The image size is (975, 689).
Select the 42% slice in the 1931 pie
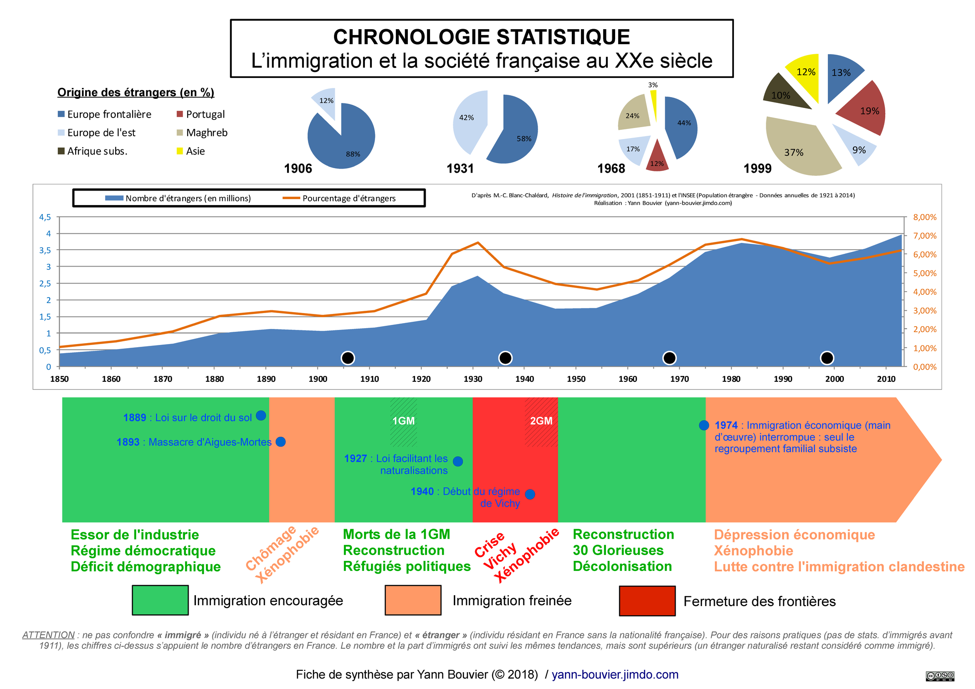(469, 121)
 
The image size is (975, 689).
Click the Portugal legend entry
(200, 114)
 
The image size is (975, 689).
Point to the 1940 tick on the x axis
(524, 379)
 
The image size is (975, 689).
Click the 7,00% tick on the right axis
(924, 236)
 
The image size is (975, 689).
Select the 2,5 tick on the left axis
(45, 283)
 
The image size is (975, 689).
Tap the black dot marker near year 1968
(669, 358)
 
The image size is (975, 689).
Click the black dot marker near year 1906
(348, 358)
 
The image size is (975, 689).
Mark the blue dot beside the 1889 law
(261, 416)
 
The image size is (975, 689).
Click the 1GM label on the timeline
(404, 421)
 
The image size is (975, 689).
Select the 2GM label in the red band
(541, 421)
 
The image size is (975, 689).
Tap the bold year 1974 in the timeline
(726, 425)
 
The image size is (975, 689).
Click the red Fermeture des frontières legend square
(647, 601)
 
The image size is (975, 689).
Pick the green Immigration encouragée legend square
(160, 600)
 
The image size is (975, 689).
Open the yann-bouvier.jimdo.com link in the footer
(615, 674)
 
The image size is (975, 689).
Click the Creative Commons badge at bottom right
(939, 676)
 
